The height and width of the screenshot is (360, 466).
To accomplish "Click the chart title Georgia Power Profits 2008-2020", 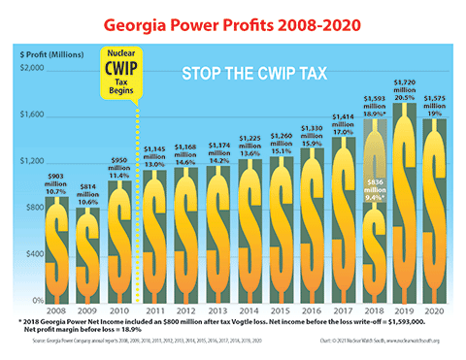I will tap(232, 21).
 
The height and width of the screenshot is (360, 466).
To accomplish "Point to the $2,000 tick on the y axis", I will tap(31, 68).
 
